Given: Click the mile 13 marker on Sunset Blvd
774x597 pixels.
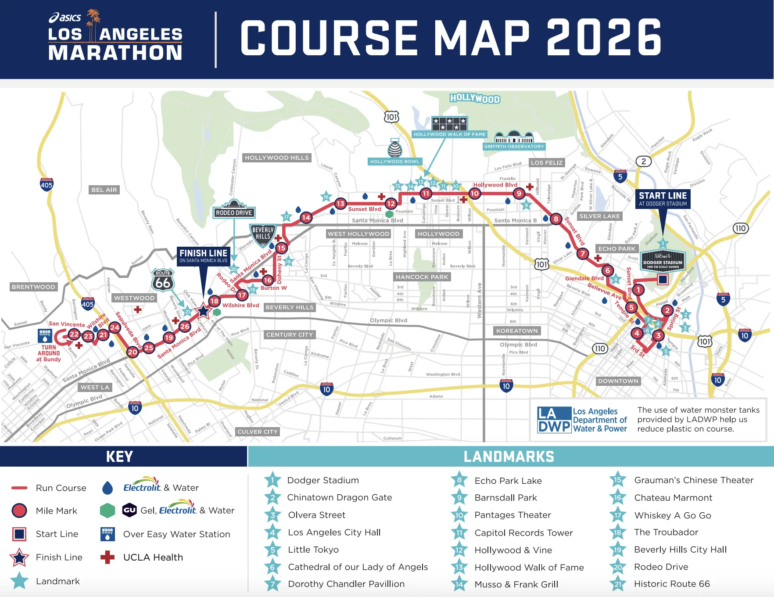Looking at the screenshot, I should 340,203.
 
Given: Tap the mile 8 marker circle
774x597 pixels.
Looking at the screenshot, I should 556,219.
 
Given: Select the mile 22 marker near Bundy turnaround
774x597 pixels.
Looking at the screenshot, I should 74,334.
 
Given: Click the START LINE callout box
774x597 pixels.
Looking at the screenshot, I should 663,199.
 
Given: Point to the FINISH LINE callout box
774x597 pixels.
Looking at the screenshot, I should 203,256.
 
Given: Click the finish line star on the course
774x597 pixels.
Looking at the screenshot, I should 203,311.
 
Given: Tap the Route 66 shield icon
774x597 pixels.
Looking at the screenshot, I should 163,280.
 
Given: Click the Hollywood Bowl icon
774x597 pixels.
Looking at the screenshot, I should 395,148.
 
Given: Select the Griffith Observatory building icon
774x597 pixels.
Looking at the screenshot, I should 514,137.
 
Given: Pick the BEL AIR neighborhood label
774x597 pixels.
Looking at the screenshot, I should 104,190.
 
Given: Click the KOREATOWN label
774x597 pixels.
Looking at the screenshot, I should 517,331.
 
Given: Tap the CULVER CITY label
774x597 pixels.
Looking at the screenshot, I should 258,432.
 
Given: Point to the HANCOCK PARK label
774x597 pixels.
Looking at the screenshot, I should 422,277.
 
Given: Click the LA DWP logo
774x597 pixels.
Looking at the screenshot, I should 582,420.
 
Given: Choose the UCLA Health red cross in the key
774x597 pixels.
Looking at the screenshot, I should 107,557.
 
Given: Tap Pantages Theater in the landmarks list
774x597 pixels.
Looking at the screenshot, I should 512,515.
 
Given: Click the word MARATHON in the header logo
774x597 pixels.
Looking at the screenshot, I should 115,53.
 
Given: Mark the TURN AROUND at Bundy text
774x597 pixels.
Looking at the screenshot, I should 49,353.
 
